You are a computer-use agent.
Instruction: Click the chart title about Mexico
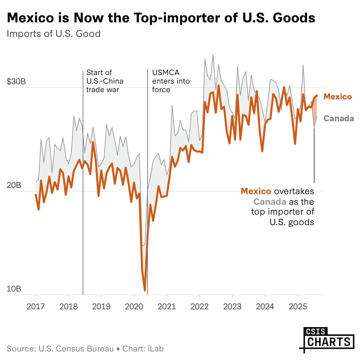click(x=161, y=18)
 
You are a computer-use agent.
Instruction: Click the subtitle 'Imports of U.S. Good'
click(x=54, y=34)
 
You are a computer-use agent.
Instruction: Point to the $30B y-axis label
click(x=16, y=81)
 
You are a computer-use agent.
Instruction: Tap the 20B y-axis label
click(x=14, y=185)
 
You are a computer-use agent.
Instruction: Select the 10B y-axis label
click(x=14, y=289)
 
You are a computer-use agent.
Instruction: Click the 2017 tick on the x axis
click(x=36, y=307)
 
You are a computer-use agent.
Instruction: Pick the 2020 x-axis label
click(x=134, y=307)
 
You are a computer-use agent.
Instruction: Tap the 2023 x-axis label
click(x=232, y=307)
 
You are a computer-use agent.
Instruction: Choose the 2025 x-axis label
click(x=297, y=307)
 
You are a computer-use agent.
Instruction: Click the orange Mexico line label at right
click(x=338, y=97)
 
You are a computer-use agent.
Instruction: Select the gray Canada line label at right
click(x=339, y=118)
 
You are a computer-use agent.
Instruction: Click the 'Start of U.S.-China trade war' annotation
click(x=104, y=81)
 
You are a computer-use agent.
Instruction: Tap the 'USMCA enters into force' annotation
click(x=171, y=81)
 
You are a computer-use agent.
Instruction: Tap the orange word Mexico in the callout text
click(x=256, y=191)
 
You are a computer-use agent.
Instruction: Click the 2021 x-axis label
click(x=166, y=307)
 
